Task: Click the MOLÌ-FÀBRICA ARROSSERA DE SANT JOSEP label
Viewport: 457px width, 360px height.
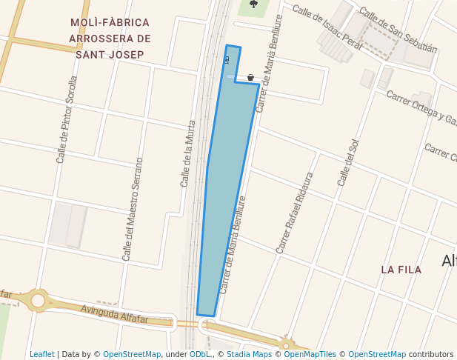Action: pos(109,39)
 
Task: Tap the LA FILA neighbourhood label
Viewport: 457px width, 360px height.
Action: pos(401,270)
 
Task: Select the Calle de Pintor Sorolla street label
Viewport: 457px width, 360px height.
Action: pos(67,119)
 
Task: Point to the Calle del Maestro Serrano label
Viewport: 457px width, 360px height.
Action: pos(133,210)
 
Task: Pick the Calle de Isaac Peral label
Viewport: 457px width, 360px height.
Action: pos(327,26)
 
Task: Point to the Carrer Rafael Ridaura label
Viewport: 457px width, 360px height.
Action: pos(295,213)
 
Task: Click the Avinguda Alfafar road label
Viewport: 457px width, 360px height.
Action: pos(115,314)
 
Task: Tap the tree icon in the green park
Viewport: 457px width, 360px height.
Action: pos(254,4)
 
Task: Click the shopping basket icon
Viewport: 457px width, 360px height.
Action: pos(251,77)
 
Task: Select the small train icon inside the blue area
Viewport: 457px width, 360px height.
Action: pos(227,60)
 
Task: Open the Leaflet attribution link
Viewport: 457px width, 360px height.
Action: pos(41,355)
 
